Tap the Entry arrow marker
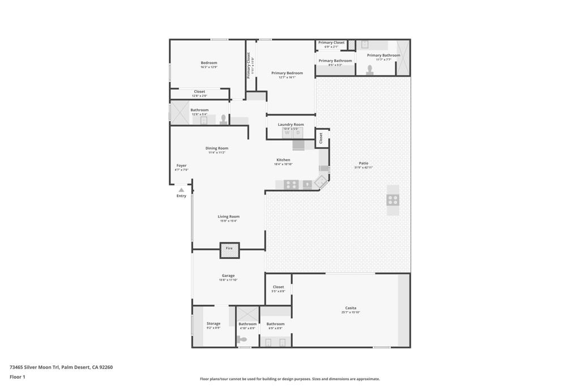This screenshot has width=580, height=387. click(181, 190)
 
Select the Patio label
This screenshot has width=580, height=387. click(363, 163)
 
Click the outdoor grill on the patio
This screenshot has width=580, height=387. click(393, 199)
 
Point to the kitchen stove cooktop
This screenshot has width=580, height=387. click(291, 184)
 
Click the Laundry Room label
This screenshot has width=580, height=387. click(291, 125)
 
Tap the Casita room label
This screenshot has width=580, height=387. click(351, 308)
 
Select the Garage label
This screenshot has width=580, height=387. click(228, 276)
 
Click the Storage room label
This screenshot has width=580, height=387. click(214, 324)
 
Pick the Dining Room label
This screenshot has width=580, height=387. click(217, 148)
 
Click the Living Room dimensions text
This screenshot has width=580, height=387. click(229, 221)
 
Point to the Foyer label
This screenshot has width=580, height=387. click(181, 165)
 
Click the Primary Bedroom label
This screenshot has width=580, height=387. click(287, 73)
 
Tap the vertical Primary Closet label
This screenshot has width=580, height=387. click(248, 65)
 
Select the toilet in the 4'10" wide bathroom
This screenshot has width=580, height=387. click(242, 339)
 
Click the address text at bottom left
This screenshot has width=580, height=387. click(61, 367)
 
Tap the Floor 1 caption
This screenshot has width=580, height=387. click(18, 377)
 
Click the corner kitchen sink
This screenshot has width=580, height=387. click(321, 182)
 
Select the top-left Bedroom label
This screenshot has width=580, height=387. click(208, 63)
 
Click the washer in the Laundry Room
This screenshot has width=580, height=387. click(287, 133)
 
